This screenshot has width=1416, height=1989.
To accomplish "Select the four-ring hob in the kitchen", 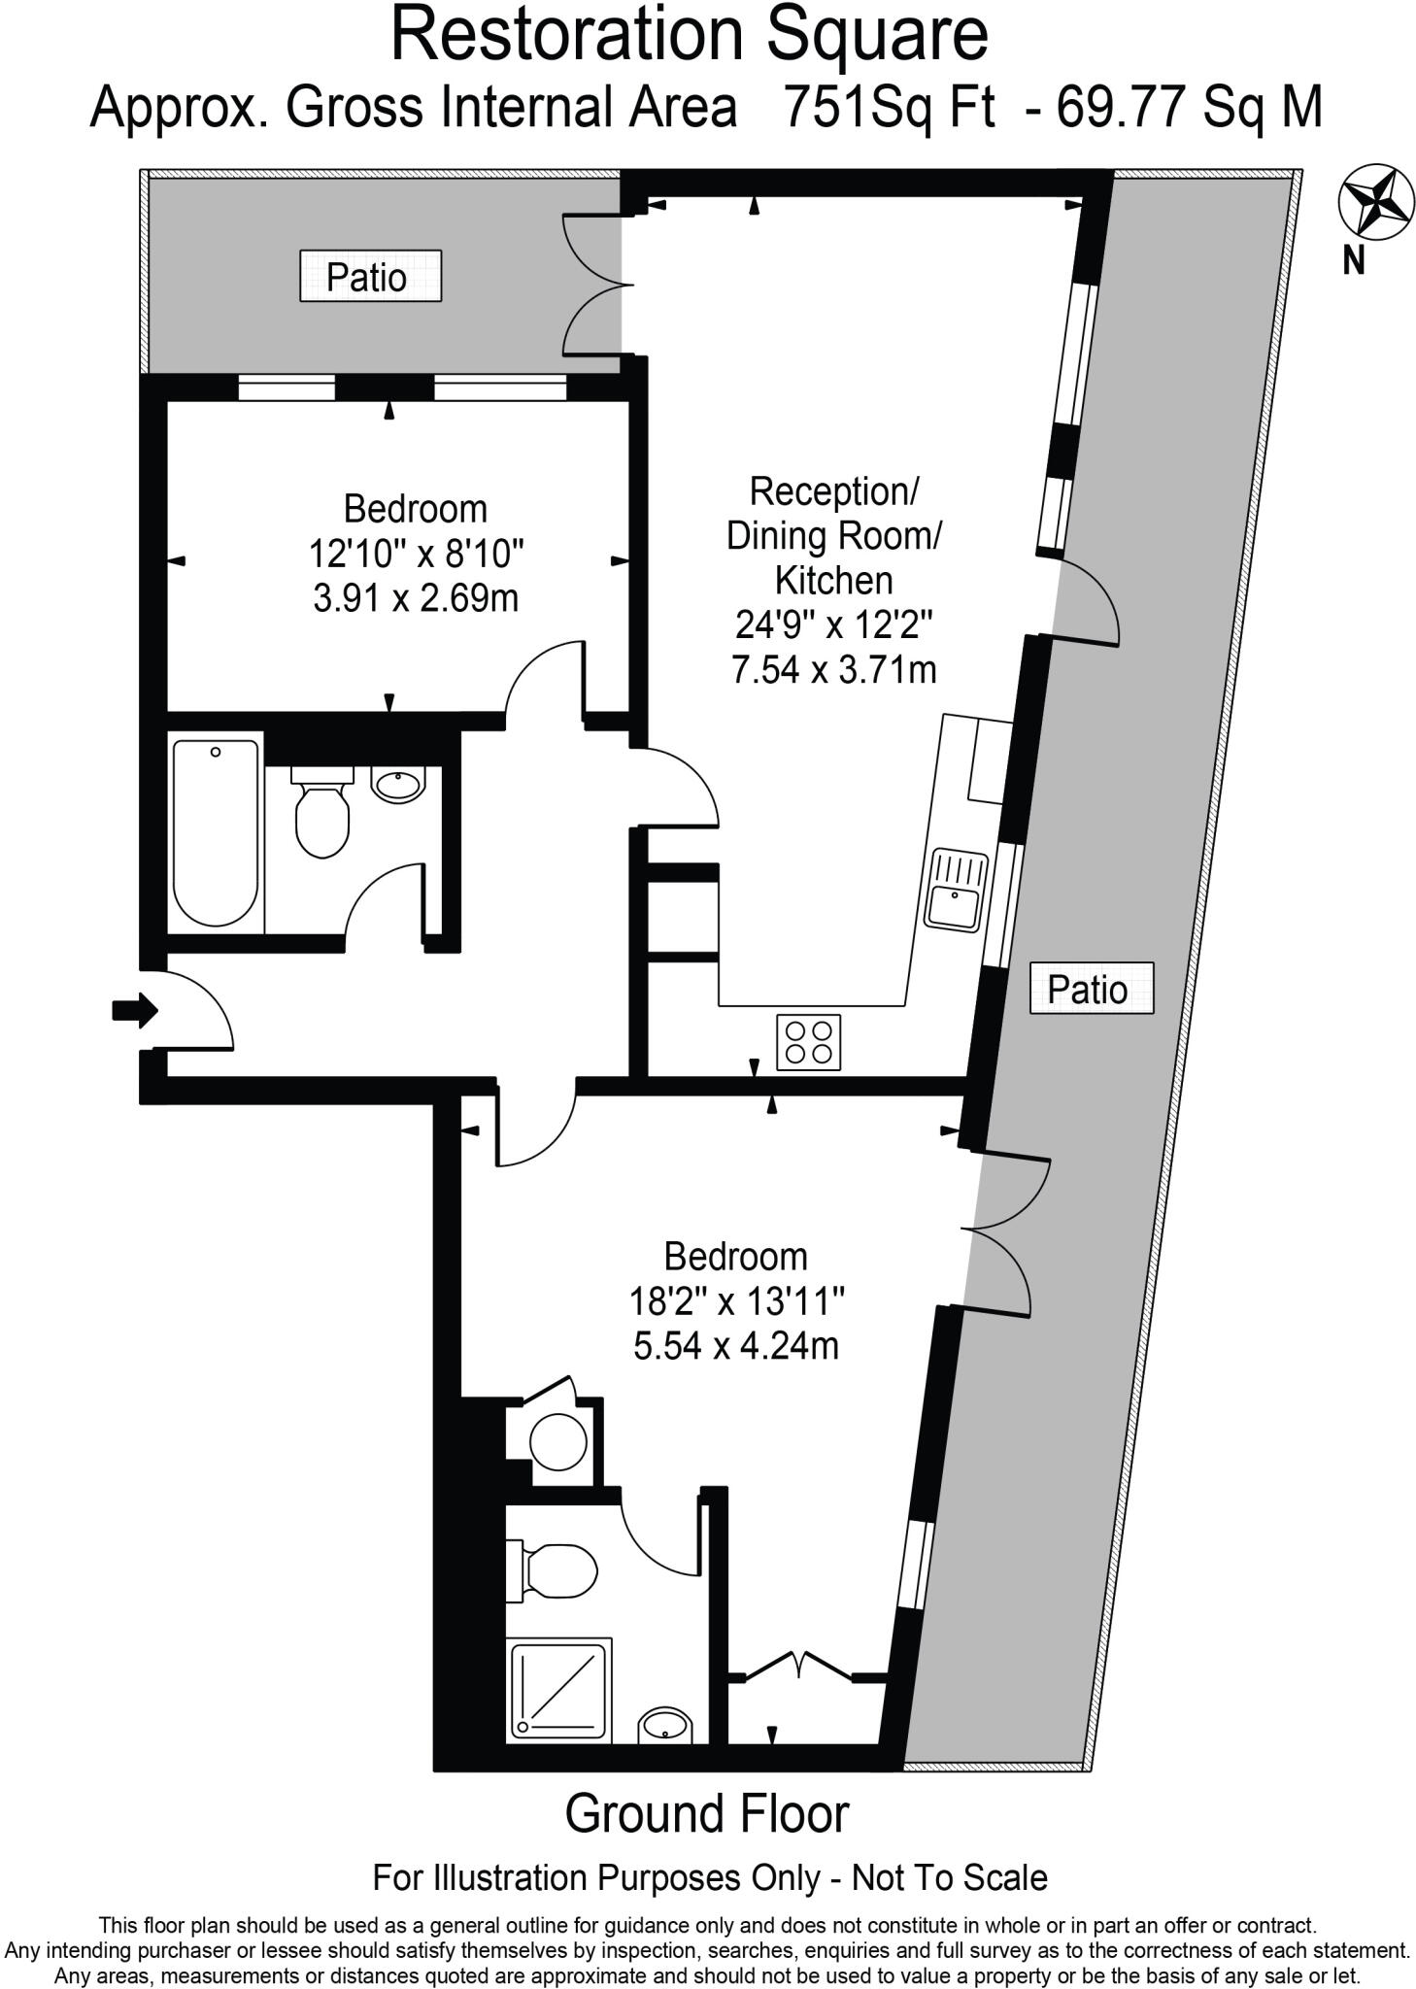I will click(808, 1042).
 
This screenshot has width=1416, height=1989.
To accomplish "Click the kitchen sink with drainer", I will click(956, 890).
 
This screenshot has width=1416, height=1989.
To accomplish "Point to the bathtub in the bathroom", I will click(216, 833).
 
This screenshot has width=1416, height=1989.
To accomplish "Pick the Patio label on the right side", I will click(1091, 989).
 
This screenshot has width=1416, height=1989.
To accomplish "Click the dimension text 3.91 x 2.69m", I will click(416, 598).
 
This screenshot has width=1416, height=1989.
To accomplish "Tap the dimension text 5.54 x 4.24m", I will click(735, 1346).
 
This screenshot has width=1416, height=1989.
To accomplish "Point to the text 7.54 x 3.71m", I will click(833, 670).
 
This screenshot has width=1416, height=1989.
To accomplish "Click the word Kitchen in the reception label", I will click(833, 581).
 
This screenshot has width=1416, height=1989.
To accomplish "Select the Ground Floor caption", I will click(706, 1814).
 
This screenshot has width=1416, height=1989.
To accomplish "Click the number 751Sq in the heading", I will click(837, 107).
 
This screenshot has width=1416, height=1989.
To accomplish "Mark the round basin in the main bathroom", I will click(398, 783).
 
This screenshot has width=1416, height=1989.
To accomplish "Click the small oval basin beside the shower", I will click(664, 1725).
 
